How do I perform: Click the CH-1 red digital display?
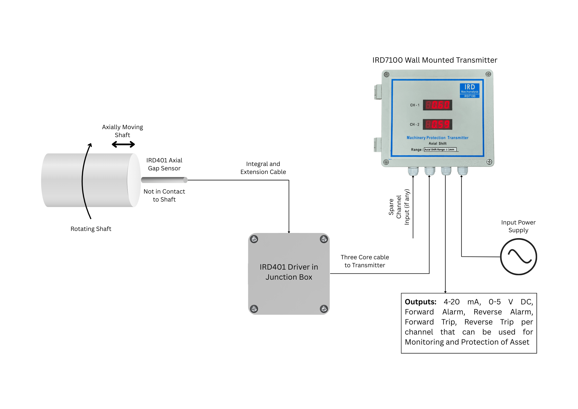(437, 105)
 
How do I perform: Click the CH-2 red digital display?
(437, 124)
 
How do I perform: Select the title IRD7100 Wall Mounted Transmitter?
(435, 60)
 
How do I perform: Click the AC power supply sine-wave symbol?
(519, 257)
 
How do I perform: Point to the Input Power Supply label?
(518, 226)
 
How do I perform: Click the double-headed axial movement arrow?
(123, 144)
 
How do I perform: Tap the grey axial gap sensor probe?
(164, 180)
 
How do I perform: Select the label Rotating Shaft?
(91, 229)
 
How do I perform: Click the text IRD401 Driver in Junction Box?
(289, 272)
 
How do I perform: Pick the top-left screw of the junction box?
(254, 239)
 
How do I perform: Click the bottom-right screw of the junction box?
(324, 308)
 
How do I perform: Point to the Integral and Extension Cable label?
(263, 168)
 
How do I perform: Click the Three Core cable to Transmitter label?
(365, 261)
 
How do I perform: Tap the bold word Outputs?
(420, 302)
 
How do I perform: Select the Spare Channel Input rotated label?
(399, 207)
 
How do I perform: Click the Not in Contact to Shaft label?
(164, 195)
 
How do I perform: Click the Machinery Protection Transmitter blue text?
(437, 138)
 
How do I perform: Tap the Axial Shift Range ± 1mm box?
(440, 149)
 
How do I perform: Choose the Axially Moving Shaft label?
(123, 131)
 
